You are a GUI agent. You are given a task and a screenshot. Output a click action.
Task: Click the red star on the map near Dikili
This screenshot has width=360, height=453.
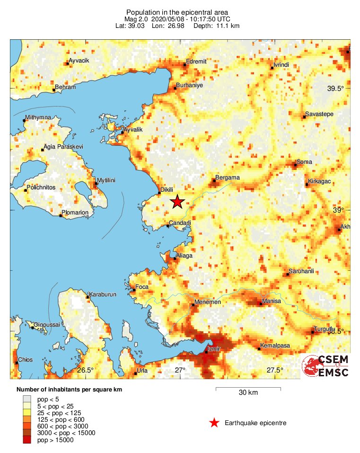pos(177,202)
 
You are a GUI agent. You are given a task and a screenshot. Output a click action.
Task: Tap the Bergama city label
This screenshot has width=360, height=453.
pos(228,178)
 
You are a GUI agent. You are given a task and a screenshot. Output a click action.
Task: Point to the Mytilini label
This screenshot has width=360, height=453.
pos(106,181)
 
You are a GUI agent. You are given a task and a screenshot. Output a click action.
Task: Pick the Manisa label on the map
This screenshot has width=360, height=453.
pos(271,301)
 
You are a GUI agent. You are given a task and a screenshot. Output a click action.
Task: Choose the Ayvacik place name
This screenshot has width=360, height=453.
pos(79,61)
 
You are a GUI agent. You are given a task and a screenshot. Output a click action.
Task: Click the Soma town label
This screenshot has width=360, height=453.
pos(304,162)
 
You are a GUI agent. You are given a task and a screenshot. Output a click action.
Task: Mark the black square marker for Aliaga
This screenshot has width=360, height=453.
pos(174,258)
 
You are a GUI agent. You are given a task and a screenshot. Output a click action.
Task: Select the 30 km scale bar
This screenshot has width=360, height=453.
pos(248,389)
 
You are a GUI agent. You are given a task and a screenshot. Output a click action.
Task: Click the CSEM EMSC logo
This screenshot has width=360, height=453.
pos(326,366)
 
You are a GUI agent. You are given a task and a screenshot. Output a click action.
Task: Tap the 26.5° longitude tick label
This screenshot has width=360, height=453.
pos(86,370)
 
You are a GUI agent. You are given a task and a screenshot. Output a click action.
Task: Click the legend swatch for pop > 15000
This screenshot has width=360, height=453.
pos(27,440)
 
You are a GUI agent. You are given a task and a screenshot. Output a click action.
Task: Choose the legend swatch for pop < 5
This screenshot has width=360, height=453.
pos(27,400)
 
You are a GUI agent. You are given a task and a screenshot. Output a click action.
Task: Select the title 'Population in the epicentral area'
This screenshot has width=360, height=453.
pos(177,12)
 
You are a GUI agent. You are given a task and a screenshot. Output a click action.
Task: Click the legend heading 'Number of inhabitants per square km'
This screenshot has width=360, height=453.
pos(73,390)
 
